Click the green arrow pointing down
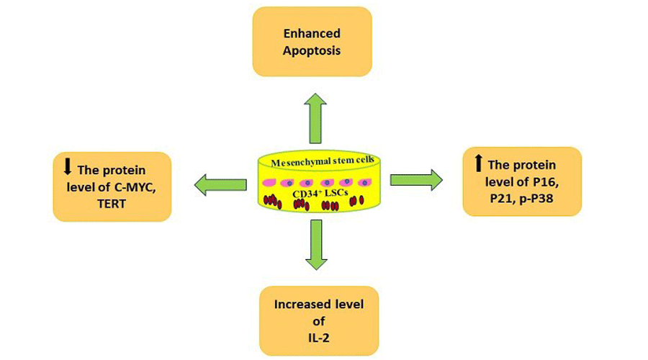(x=315, y=245)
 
